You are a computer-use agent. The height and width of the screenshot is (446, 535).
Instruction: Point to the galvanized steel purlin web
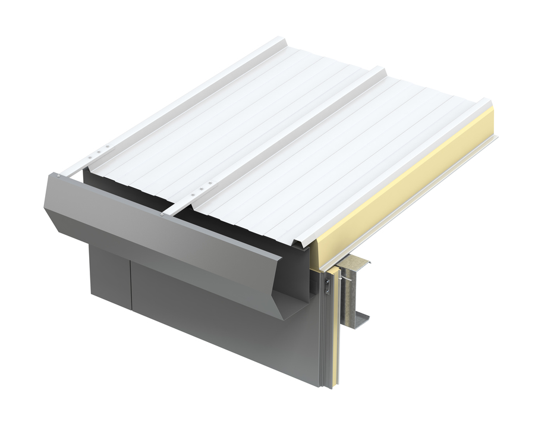pos(356,291)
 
